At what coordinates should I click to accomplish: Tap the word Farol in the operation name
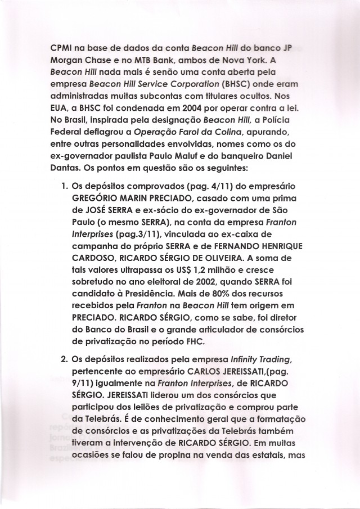pos(188,134)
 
